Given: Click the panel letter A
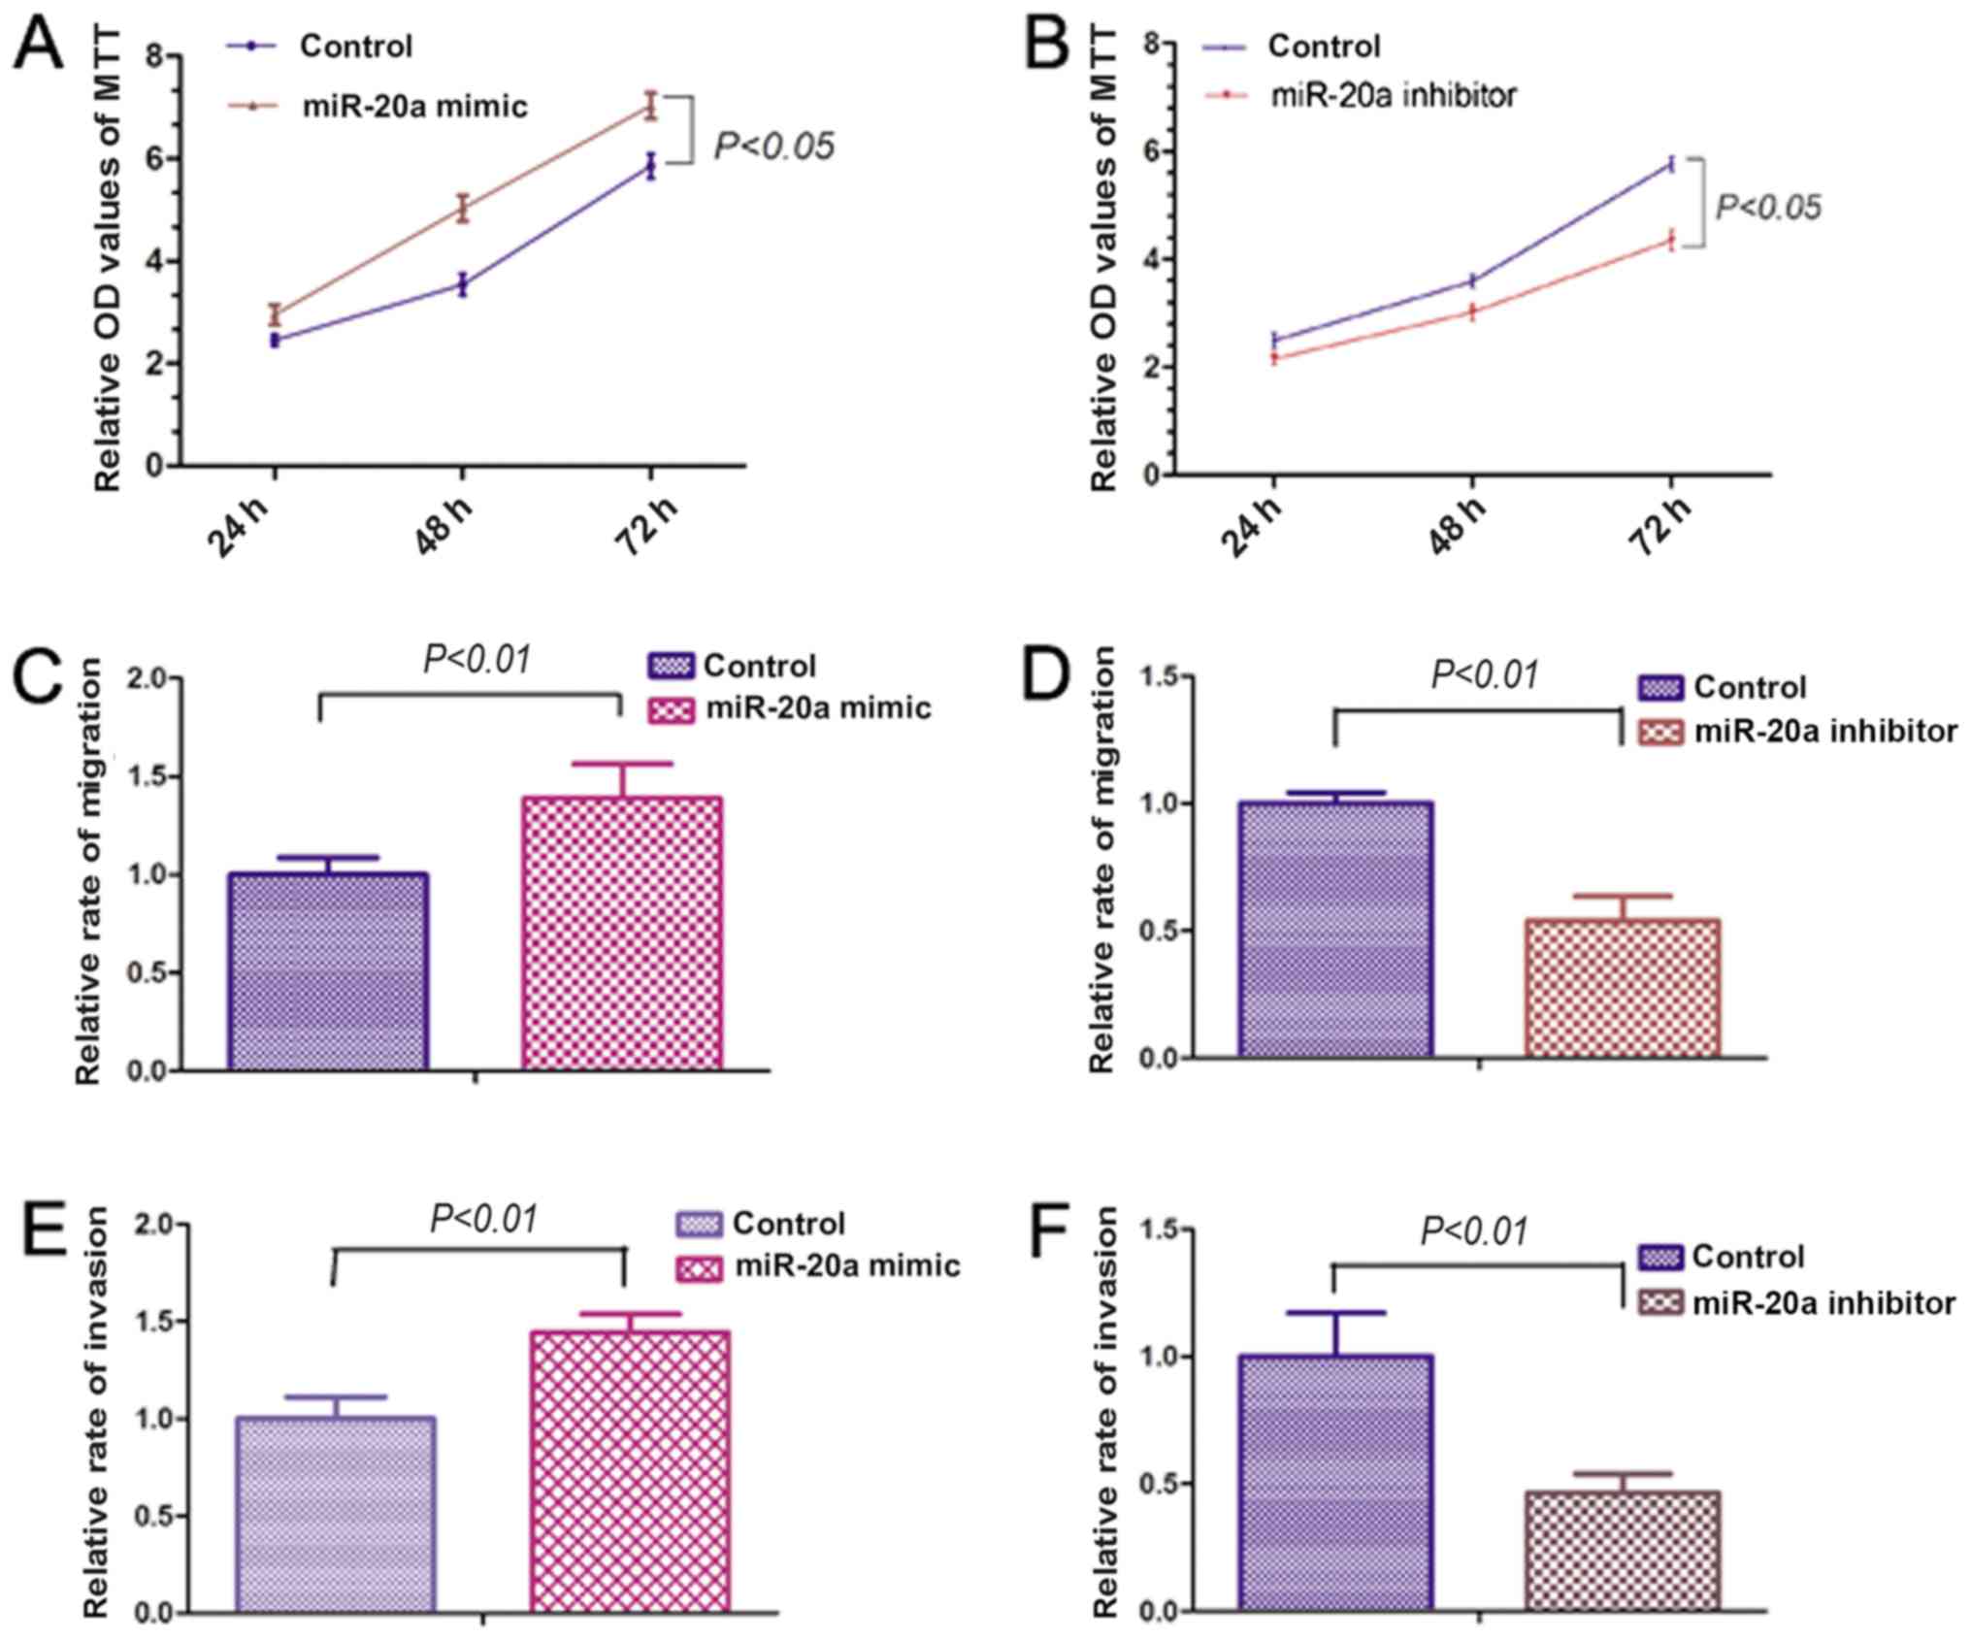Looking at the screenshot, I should pos(39,46).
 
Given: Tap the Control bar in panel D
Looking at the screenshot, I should pos(1334,929).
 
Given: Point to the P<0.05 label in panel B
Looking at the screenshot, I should pos(1768,208).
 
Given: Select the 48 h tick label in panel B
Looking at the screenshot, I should pos(1459,528).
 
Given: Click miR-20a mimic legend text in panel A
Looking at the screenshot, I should pos(415,106).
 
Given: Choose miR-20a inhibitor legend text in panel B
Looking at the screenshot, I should pos(1394,95).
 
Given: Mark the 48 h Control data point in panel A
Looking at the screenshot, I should pos(464,284).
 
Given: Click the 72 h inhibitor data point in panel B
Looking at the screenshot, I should pos(1671,240).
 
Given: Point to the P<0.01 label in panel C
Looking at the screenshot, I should pos(477,660).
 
